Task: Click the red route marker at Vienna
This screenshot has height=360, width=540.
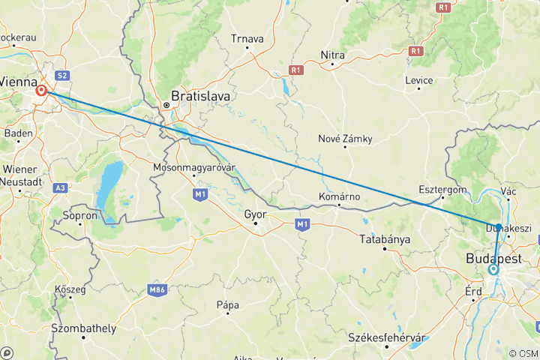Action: [x=41, y=91]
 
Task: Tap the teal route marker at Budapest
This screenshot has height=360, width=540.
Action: [x=493, y=269]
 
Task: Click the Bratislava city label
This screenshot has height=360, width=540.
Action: [x=201, y=96]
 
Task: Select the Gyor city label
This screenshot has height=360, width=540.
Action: [x=256, y=214]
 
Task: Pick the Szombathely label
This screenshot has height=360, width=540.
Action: [x=83, y=328]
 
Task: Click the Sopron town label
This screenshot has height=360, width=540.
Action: [x=82, y=215]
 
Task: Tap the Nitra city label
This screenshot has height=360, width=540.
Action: [x=332, y=55]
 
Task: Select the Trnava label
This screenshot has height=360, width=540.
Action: [x=247, y=38]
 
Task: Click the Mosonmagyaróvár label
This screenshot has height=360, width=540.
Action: [x=194, y=166]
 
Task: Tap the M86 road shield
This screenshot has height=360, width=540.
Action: [x=157, y=289]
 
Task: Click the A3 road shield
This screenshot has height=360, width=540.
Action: [x=61, y=187]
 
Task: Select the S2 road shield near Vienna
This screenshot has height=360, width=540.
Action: [x=62, y=75]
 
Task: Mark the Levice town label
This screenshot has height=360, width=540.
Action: [x=418, y=80]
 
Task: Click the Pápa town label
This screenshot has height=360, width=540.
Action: [x=227, y=304]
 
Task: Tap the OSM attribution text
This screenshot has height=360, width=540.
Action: [x=523, y=353]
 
